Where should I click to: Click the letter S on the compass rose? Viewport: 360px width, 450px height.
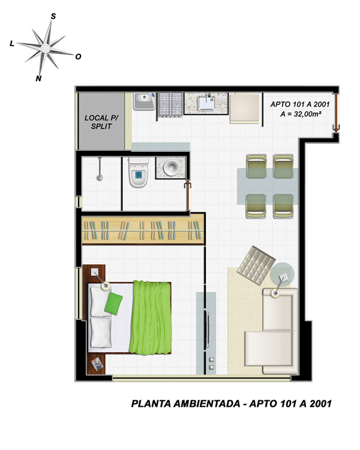(x=53, y=16)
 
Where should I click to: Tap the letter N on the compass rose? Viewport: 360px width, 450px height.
(x=38, y=79)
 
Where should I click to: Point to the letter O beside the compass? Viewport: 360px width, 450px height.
(x=78, y=57)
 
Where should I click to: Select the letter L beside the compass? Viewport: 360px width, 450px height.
(x=12, y=44)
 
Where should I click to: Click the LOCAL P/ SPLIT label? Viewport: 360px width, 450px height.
(x=101, y=122)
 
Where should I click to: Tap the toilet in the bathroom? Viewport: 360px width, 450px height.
(x=139, y=172)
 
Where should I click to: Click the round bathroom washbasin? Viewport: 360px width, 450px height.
(x=172, y=167)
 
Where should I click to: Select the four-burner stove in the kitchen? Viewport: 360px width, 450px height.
(x=170, y=105)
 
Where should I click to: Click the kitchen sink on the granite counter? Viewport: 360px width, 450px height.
(x=206, y=103)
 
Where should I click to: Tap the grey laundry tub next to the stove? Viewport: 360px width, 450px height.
(x=145, y=101)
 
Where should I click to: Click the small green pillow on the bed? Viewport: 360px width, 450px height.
(x=113, y=304)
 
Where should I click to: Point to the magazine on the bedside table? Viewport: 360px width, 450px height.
(x=97, y=364)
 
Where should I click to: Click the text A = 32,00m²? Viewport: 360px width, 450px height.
(x=301, y=114)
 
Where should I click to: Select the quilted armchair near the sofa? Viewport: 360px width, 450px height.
(x=256, y=265)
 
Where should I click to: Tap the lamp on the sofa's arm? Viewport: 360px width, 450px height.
(x=276, y=293)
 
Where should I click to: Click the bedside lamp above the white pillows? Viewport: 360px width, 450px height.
(x=106, y=286)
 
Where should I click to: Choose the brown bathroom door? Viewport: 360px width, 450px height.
(x=188, y=195)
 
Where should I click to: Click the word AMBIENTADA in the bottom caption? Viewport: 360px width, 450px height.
(x=206, y=404)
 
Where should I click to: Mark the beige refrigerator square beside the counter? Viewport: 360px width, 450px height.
(x=245, y=108)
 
